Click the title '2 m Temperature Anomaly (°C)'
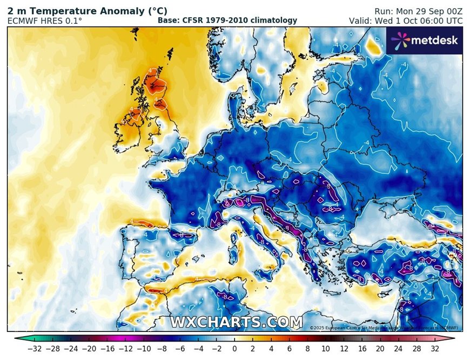tap(87, 11)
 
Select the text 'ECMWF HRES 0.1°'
tap(45, 21)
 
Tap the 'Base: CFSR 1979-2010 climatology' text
tap(227, 21)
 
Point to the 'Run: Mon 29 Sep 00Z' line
tap(418, 11)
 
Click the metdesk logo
tap(425, 40)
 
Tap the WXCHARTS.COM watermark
tap(237, 323)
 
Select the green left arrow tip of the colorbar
tap(17, 339)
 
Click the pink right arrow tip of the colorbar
tap(452, 339)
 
